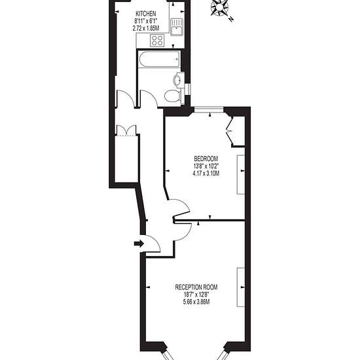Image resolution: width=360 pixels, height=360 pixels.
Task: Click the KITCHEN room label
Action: click(x=146, y=14)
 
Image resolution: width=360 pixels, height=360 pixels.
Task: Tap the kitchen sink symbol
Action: click(x=177, y=27)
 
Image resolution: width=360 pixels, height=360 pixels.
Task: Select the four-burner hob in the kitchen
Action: click(x=157, y=40)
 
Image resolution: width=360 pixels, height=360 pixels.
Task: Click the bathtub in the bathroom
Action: click(x=159, y=60)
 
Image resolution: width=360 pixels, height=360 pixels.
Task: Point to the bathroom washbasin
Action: click(x=177, y=80)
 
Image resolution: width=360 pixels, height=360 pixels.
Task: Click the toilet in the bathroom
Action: click(x=173, y=96)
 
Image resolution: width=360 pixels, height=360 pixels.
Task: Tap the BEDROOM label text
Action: click(x=206, y=158)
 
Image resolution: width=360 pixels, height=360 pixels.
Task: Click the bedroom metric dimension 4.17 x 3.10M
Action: click(x=206, y=173)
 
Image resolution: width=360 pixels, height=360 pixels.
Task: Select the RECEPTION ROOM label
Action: click(x=196, y=287)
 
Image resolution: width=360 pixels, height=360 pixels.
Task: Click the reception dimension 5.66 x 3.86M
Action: click(x=196, y=302)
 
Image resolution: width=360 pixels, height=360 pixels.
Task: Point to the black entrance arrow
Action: click(x=139, y=243)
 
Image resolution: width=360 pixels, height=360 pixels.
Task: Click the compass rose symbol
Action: click(x=219, y=8)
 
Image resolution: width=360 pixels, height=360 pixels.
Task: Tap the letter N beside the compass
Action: click(x=231, y=19)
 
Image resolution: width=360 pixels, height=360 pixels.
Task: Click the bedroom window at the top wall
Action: click(x=209, y=109)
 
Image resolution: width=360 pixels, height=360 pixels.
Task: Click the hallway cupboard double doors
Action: click(x=126, y=130)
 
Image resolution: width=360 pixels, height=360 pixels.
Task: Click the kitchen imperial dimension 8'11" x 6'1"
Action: click(x=146, y=21)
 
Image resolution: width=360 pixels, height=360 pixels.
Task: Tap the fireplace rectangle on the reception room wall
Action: click(x=241, y=287)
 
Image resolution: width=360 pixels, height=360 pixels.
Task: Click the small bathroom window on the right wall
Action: click(x=188, y=89)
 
